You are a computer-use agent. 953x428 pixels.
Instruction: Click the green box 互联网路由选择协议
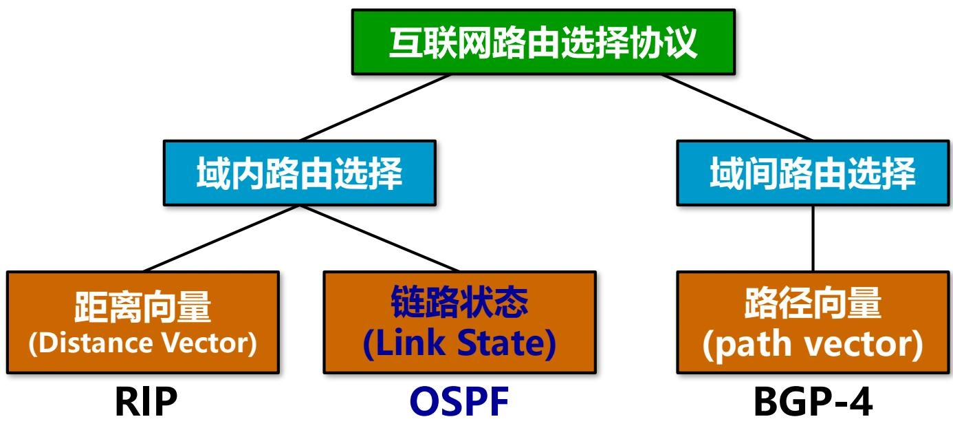[543, 43]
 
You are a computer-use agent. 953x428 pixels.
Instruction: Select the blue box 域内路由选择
[299, 173]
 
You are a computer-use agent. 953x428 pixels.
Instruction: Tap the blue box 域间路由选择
[812, 173]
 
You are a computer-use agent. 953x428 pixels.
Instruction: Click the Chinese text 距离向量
[142, 308]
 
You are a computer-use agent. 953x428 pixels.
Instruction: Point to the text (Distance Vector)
[142, 343]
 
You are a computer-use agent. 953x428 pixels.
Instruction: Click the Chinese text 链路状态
[459, 302]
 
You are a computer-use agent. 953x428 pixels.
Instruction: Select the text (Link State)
[459, 343]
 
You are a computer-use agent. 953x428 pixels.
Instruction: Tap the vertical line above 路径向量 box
[813, 238]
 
